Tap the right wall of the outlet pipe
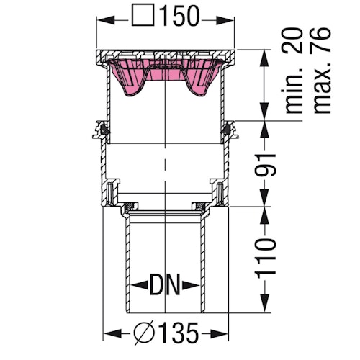pyautogui.click(x=202, y=266)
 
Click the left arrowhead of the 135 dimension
pyautogui.click(x=109, y=334)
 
